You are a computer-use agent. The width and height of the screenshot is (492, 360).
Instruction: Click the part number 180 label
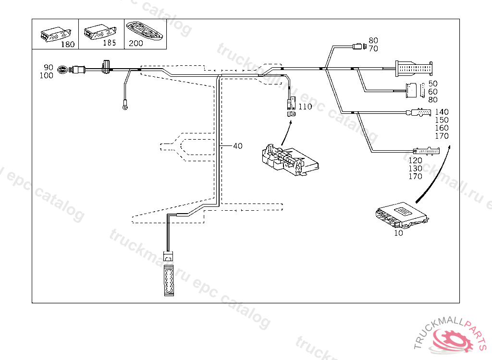(68, 45)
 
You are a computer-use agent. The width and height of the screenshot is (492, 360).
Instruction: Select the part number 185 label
(110, 43)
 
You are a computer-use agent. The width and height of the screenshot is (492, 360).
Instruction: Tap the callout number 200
(136, 43)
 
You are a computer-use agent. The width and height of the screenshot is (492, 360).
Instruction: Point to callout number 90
(49, 67)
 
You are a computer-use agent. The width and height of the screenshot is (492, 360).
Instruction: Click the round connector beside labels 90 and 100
(62, 70)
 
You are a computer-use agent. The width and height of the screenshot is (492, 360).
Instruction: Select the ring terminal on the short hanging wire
(125, 108)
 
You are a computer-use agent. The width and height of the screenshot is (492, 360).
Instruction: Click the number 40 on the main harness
(237, 146)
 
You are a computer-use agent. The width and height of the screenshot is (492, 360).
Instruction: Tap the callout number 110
(305, 107)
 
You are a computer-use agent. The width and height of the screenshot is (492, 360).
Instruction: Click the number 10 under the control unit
(398, 233)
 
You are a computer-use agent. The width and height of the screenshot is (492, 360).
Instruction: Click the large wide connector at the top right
(413, 69)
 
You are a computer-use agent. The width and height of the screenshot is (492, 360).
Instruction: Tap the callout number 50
(433, 84)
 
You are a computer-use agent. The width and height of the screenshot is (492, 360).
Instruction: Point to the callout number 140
(441, 112)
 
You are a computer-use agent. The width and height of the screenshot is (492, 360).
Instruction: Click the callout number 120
(416, 160)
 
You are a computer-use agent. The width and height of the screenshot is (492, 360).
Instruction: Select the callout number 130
(416, 168)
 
